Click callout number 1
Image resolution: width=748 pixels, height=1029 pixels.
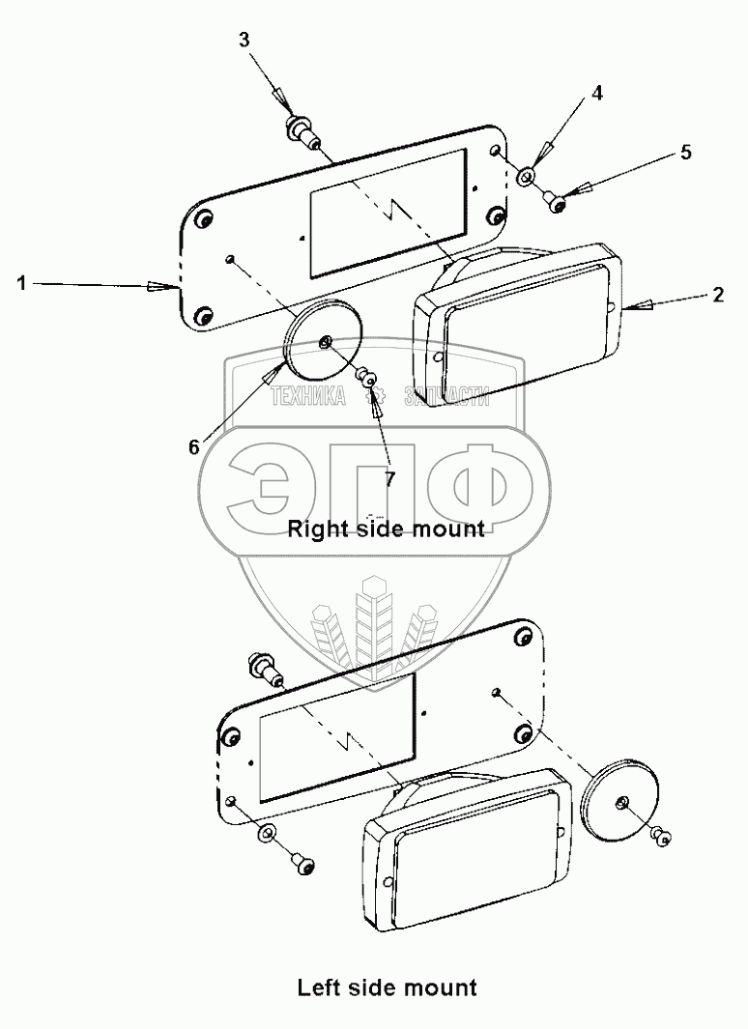click(x=21, y=283)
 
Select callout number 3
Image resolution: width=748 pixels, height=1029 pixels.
click(x=245, y=40)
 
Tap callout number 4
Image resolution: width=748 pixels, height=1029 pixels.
click(x=597, y=93)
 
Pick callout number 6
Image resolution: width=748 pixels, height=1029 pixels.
click(x=193, y=446)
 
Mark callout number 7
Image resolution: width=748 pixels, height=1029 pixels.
click(x=390, y=479)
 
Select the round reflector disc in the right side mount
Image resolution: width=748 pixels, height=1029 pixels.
click(x=323, y=343)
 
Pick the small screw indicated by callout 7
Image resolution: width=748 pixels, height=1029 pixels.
click(x=368, y=376)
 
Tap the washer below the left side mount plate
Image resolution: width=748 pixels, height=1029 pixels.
click(x=267, y=833)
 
